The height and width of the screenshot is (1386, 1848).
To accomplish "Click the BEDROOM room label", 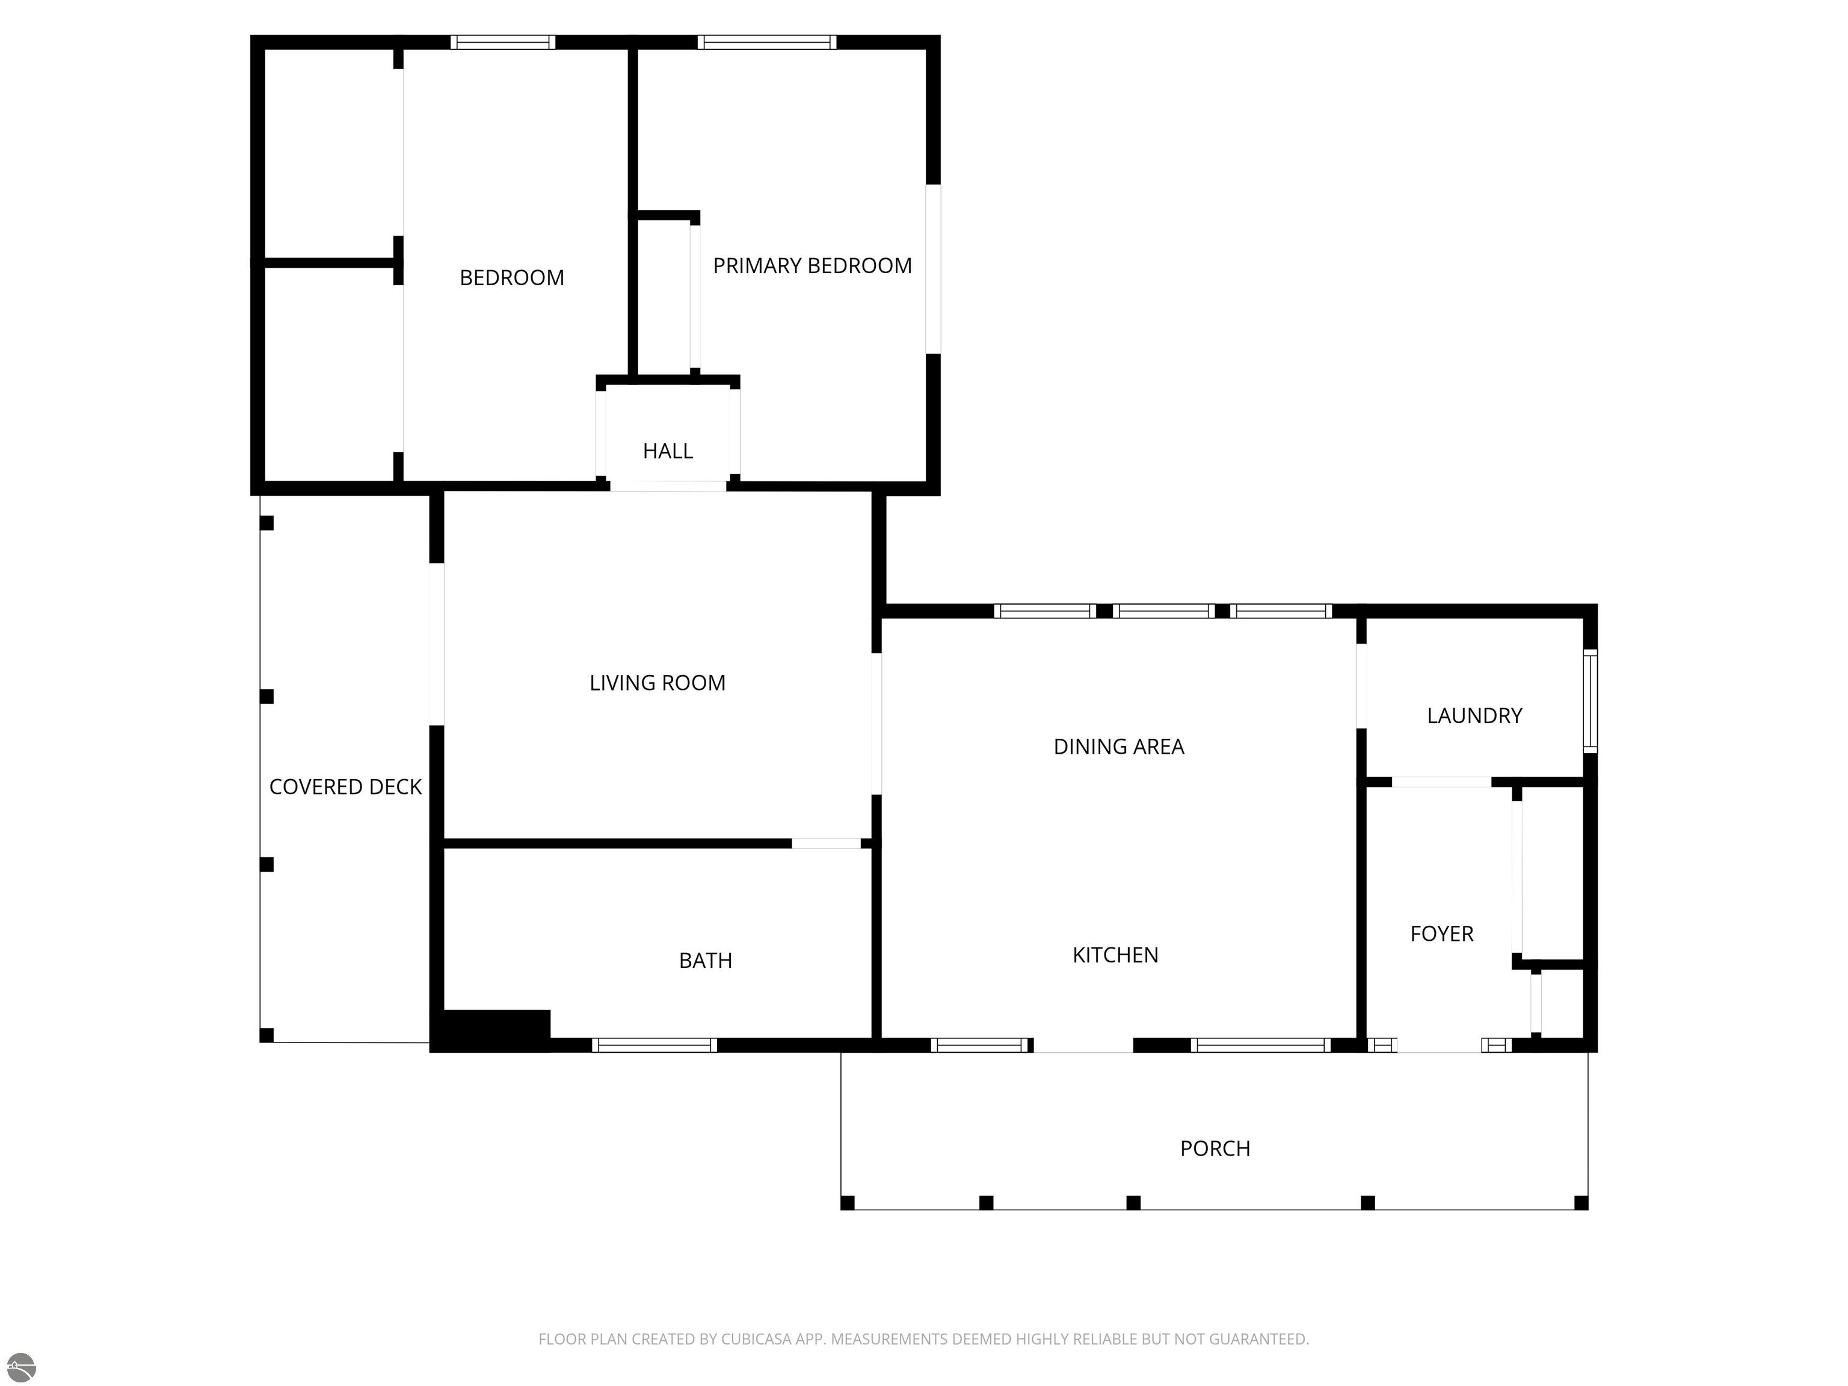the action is [511, 277].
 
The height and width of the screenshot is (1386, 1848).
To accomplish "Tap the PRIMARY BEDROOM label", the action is [812, 266].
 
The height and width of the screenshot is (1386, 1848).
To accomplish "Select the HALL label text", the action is [668, 451].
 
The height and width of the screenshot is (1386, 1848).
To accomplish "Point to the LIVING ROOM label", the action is [658, 683].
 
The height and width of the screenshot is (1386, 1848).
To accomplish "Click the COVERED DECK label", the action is [345, 787].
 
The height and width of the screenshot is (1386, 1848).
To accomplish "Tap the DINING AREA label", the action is [1119, 747].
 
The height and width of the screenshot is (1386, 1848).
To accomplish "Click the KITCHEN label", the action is [1115, 955].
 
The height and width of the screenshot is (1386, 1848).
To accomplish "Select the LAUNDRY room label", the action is [1474, 716].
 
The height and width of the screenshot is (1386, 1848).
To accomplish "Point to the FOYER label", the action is [1442, 934].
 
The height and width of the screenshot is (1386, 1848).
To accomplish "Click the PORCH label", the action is [1215, 1149].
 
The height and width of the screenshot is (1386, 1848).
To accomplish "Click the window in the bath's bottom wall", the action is [654, 1045].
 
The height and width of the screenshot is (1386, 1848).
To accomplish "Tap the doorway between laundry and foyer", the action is [1441, 782].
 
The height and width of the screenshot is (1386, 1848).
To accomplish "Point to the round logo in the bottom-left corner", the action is [21, 1367].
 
